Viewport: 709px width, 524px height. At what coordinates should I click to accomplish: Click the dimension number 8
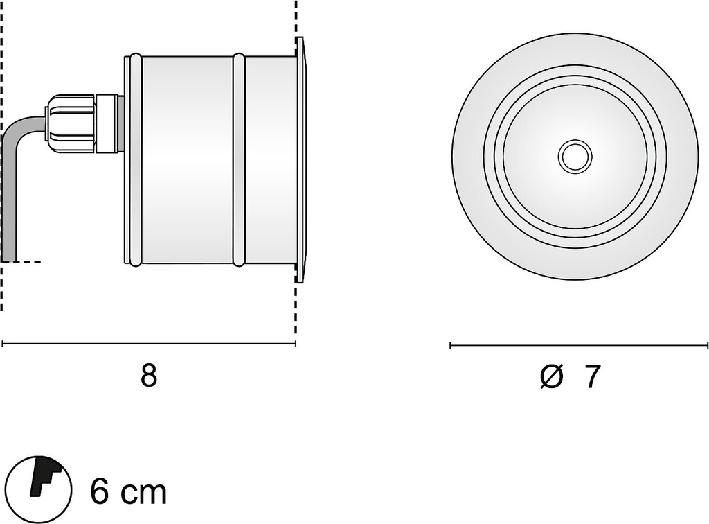(x=149, y=376)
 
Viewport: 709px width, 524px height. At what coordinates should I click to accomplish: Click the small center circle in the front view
(x=574, y=157)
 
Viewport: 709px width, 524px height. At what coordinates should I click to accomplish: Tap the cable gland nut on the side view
(x=69, y=124)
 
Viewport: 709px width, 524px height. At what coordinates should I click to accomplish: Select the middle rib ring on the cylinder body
(x=239, y=159)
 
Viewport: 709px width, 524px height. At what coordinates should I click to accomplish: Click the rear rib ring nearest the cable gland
(x=134, y=159)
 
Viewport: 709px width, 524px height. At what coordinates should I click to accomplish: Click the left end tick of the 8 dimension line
(x=3, y=343)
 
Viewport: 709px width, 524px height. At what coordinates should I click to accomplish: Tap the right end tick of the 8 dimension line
(x=296, y=343)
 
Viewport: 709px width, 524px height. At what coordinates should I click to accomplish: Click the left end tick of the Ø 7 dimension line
(x=451, y=344)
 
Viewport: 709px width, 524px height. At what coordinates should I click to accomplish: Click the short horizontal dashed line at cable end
(x=31, y=262)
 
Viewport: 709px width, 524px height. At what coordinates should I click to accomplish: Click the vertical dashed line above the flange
(x=296, y=17)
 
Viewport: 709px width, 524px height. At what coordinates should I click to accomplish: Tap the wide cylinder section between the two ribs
(x=186, y=159)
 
